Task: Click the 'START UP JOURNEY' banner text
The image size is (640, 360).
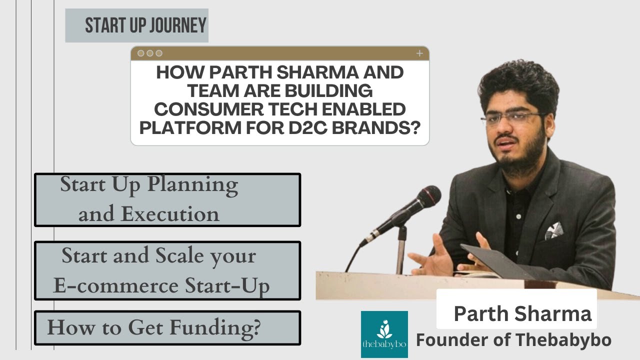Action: tap(145, 25)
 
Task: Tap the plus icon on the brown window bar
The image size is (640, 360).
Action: tap(419, 53)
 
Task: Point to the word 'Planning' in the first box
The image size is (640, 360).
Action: tap(192, 185)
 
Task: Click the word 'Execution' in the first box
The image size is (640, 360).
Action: tap(170, 214)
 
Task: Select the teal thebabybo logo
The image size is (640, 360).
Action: tap(384, 334)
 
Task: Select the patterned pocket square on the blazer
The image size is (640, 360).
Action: tap(554, 230)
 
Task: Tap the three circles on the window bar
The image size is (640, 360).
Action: tap(150, 53)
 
